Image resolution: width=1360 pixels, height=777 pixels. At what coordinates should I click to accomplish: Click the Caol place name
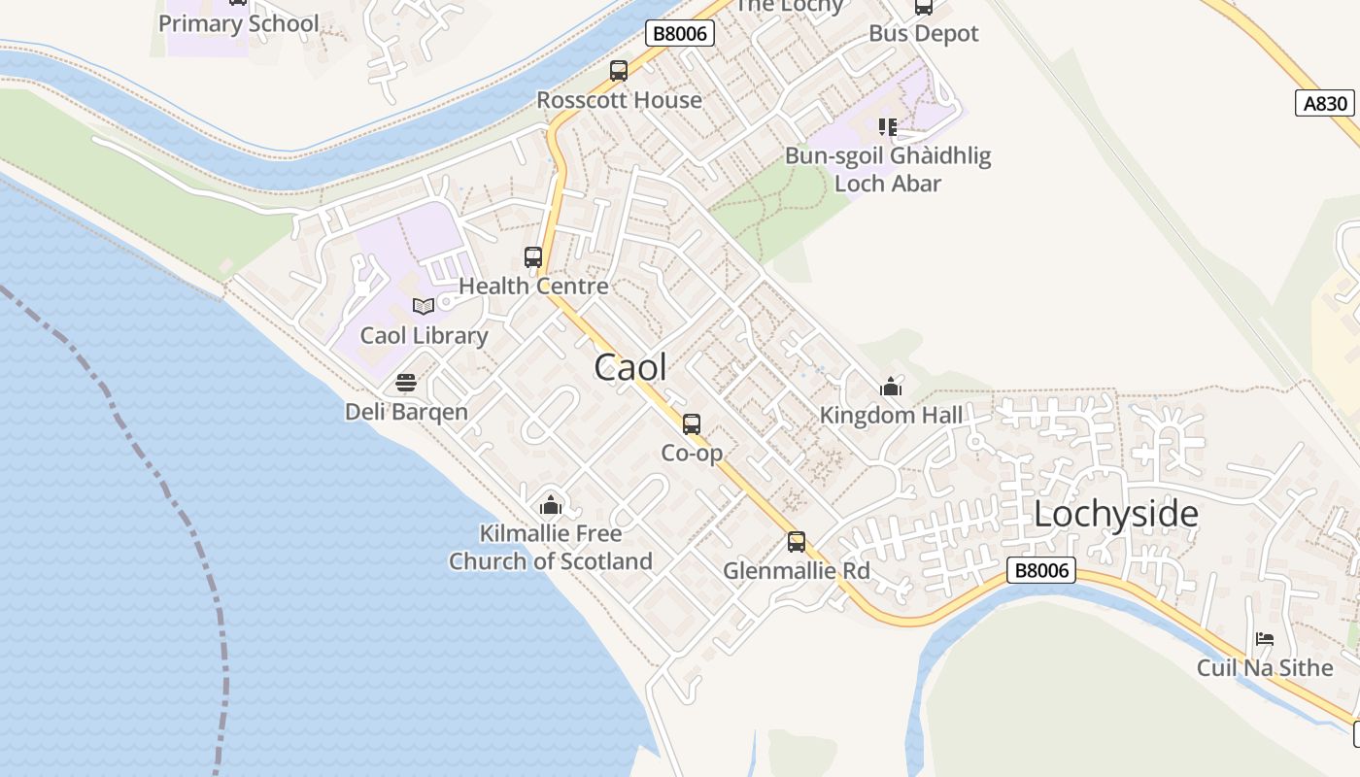coord(630,367)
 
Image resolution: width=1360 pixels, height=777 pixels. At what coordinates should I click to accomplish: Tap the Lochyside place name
coord(1115,514)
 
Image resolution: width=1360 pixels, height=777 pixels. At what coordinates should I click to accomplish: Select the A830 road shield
coord(1324,103)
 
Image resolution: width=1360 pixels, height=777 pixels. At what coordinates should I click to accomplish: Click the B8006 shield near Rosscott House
coord(680,33)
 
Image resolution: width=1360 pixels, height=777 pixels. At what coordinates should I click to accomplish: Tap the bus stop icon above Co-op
coord(692,424)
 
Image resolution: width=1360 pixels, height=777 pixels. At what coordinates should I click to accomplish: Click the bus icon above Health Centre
coord(533,257)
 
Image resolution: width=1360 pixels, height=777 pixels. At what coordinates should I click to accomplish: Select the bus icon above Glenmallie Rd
coord(797,542)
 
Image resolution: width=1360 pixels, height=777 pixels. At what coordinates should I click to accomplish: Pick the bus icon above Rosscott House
coord(619,71)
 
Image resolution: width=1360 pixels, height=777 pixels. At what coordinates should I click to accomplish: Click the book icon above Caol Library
coord(423,307)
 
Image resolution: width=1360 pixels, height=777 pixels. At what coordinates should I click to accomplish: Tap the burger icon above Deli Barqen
coord(406,383)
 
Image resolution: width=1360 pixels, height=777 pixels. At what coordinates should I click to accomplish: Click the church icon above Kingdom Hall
coord(891,388)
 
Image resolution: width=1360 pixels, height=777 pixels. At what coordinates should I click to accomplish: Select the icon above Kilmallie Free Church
coord(551,505)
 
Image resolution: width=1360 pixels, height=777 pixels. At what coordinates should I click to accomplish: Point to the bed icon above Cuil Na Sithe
coord(1265,639)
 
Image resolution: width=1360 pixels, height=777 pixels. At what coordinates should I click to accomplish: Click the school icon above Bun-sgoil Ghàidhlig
coord(888,127)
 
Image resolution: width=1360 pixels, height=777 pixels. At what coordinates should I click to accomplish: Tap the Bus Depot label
coord(923,33)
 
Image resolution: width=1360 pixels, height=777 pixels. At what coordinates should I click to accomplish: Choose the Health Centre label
coord(533,286)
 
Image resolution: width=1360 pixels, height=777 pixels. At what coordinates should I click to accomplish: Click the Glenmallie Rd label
coord(796,570)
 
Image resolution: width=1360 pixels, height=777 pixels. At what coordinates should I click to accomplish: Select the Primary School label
coord(238,23)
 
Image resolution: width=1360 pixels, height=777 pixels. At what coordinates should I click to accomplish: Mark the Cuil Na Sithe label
coord(1265,667)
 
